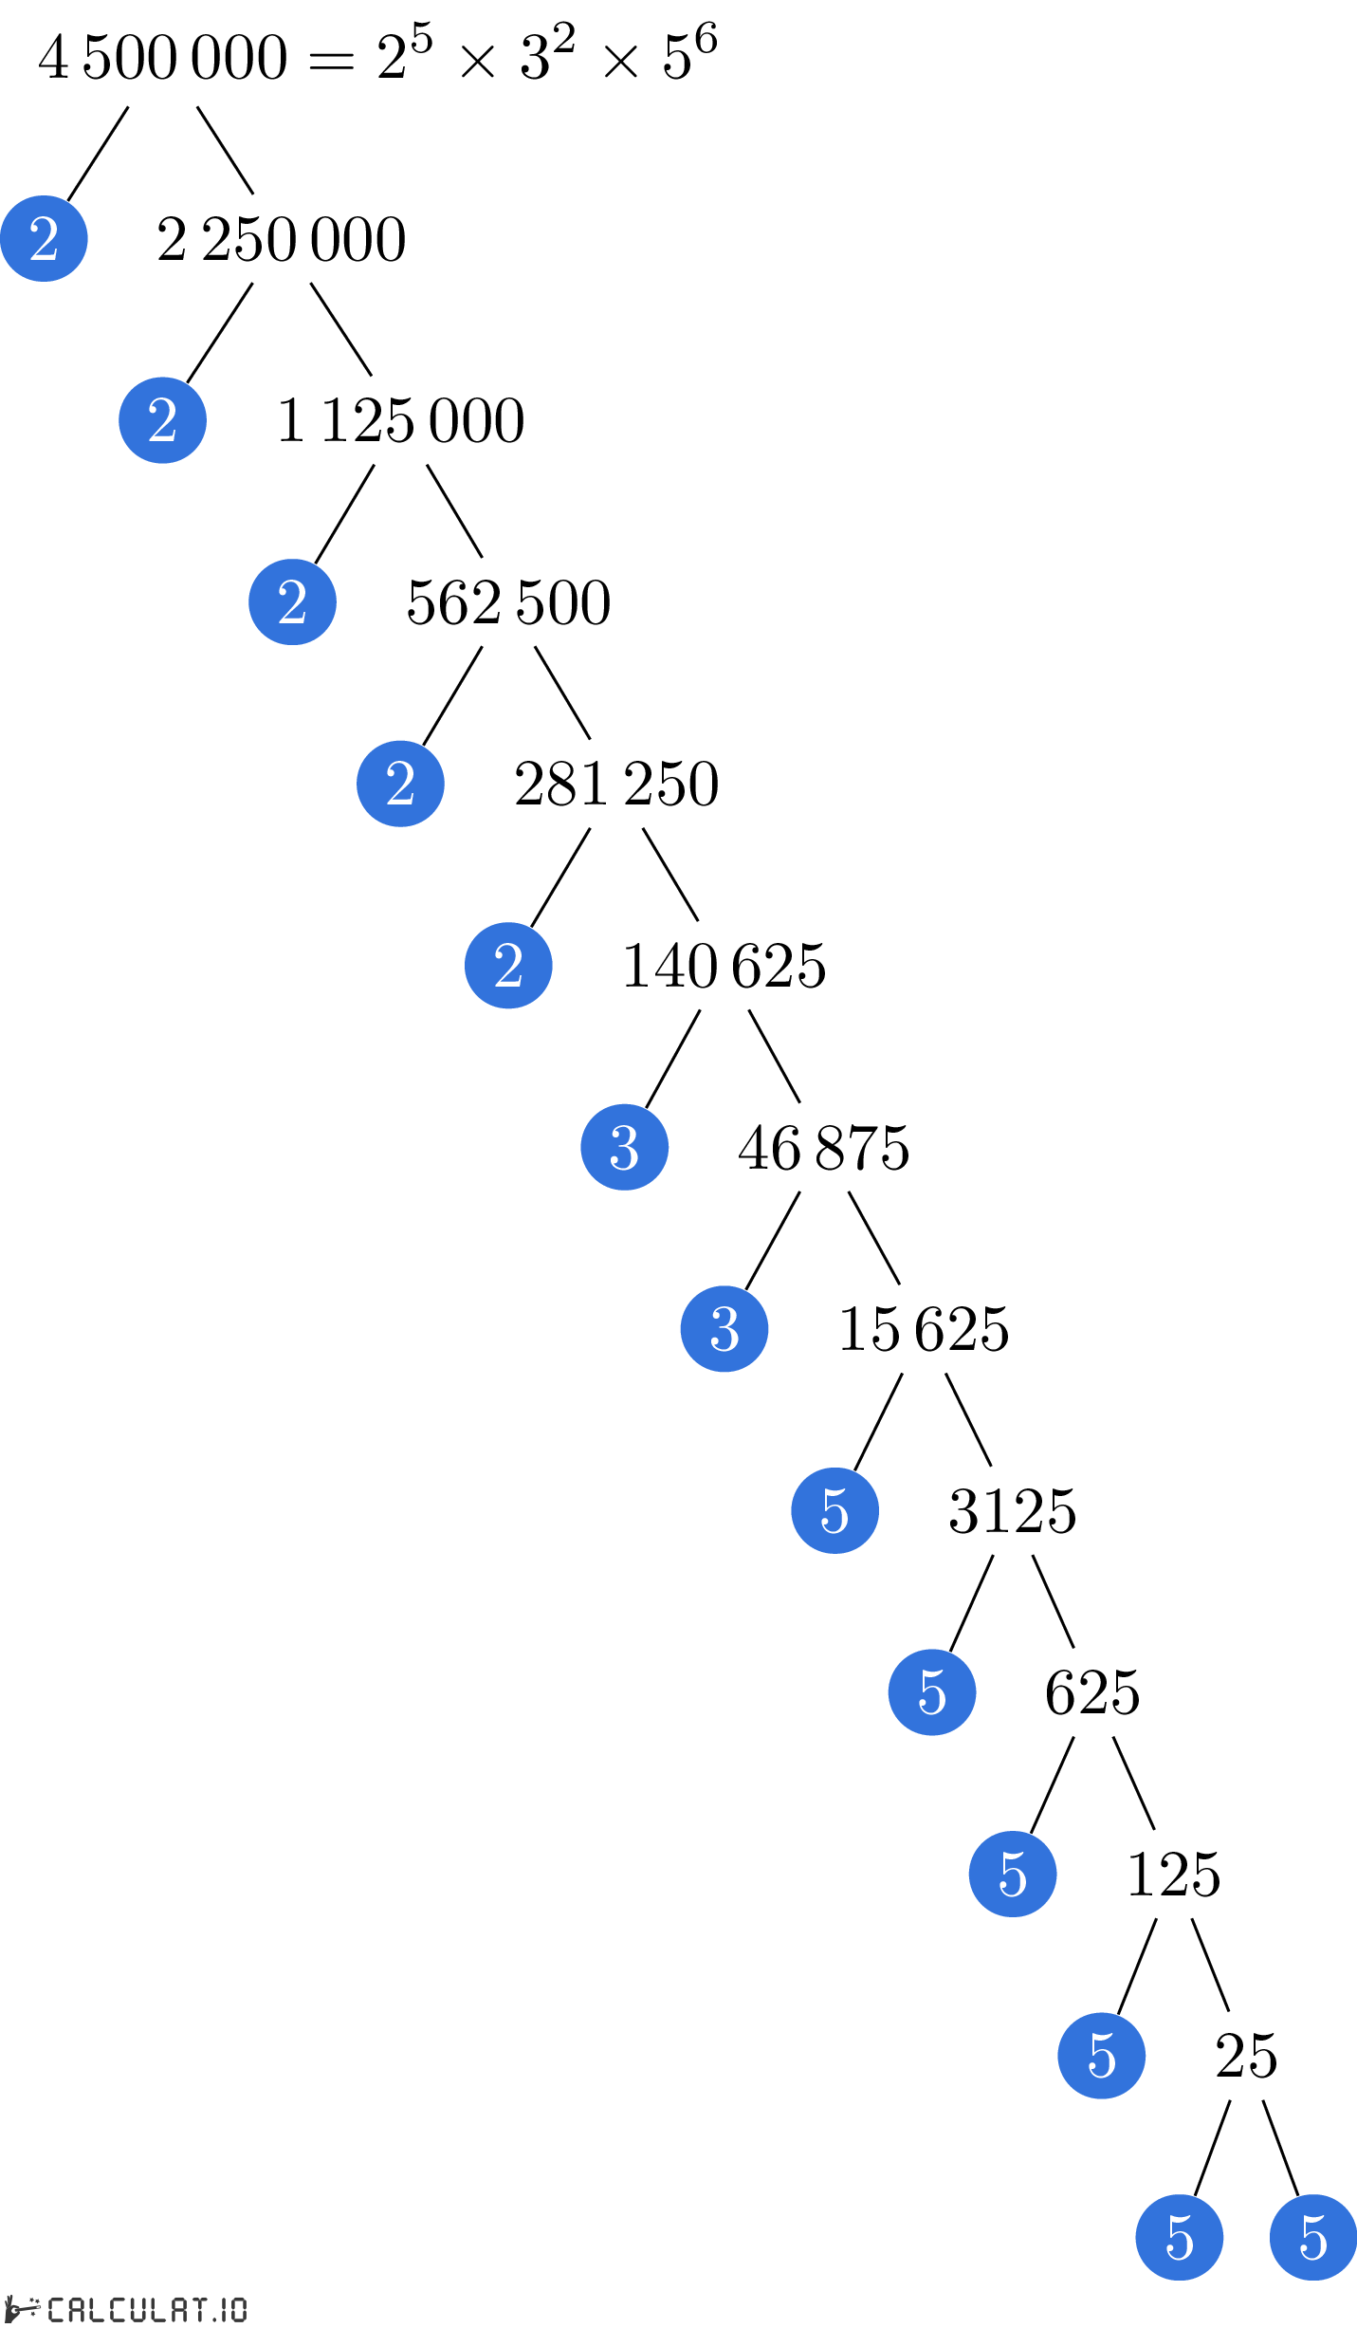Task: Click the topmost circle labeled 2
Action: pyautogui.click(x=44, y=238)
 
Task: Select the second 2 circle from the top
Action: pyautogui.click(x=162, y=420)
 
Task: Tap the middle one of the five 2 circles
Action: pyautogui.click(x=292, y=602)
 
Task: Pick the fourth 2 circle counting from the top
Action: pyautogui.click(x=400, y=784)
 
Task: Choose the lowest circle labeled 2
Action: pyautogui.click(x=508, y=966)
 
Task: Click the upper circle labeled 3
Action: pyautogui.click(x=624, y=1147)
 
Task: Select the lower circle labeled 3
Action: pyautogui.click(x=724, y=1329)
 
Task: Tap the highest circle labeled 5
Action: pyautogui.click(x=834, y=1510)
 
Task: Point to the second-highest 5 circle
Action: pyautogui.click(x=932, y=1692)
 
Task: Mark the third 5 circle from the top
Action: pyautogui.click(x=1013, y=1874)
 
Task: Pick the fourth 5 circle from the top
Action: pyautogui.click(x=1102, y=2056)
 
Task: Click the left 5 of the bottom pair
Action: pyautogui.click(x=1180, y=2237)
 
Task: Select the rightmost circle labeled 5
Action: pyautogui.click(x=1313, y=2237)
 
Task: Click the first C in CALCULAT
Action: pyautogui.click(x=56, y=2309)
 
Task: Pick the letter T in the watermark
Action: pyautogui.click(x=197, y=2309)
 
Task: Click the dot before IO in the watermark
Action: pyautogui.click(x=213, y=2319)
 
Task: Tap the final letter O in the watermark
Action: pyautogui.click(x=237, y=2309)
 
